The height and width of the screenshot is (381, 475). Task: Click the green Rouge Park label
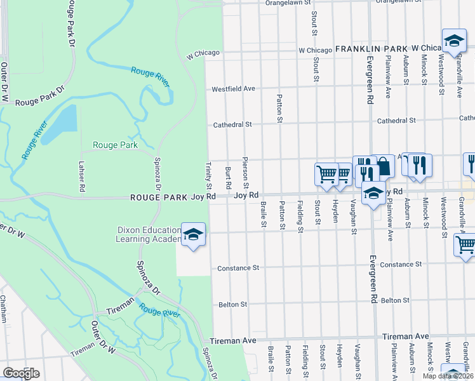click(115, 145)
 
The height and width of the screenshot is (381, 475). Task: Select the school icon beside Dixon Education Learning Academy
click(194, 235)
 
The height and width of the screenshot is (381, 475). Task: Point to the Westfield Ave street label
click(233, 89)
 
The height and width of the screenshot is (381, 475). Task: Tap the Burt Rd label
click(227, 177)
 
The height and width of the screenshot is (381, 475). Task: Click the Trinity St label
click(208, 176)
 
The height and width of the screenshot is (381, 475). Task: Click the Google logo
click(21, 373)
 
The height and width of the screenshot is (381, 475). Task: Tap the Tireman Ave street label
click(233, 341)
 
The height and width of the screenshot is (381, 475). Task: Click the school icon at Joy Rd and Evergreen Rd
click(373, 194)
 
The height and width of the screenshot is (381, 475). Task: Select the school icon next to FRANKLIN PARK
click(454, 41)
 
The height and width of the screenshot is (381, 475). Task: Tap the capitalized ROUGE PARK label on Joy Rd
click(158, 197)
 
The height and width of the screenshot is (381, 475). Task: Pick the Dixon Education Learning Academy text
click(147, 235)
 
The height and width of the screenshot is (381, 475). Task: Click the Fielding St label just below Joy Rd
click(299, 216)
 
